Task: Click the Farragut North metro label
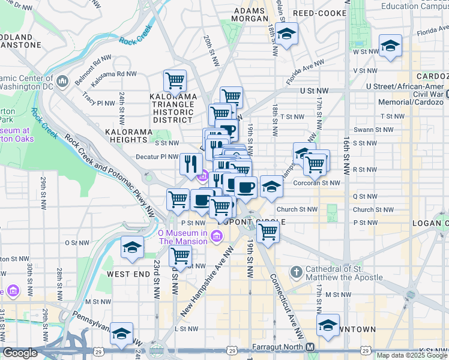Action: coord(280,347)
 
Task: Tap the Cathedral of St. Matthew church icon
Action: coord(296,273)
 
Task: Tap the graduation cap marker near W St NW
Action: coord(390,46)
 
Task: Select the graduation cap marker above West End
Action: coord(132,247)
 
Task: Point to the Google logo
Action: coord(20,353)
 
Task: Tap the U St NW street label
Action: coord(315,90)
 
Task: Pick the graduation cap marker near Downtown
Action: coord(328,325)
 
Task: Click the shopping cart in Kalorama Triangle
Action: coord(175,80)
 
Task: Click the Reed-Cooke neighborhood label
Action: coord(319,13)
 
